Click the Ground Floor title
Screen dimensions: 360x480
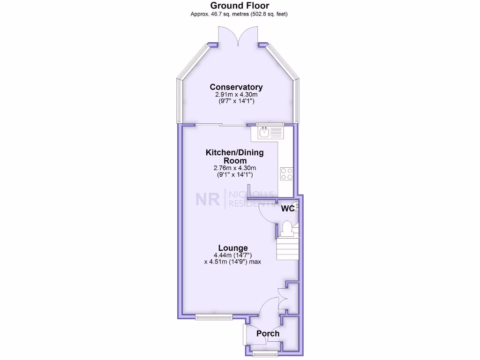click(239, 6)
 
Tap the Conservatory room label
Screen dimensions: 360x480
click(236, 87)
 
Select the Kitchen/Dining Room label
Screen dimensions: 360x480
click(234, 157)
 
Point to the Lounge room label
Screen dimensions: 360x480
click(232, 248)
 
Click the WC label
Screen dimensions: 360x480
click(287, 209)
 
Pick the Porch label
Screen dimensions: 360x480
click(268, 334)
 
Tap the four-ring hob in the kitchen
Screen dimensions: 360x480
click(286, 174)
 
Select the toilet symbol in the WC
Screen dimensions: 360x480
click(286, 230)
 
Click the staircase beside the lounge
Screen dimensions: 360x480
click(287, 249)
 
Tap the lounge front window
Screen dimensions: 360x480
click(214, 317)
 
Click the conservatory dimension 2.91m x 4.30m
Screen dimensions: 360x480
click(236, 95)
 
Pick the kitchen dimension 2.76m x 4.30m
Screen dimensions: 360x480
click(234, 168)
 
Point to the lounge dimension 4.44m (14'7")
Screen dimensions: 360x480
click(232, 255)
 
